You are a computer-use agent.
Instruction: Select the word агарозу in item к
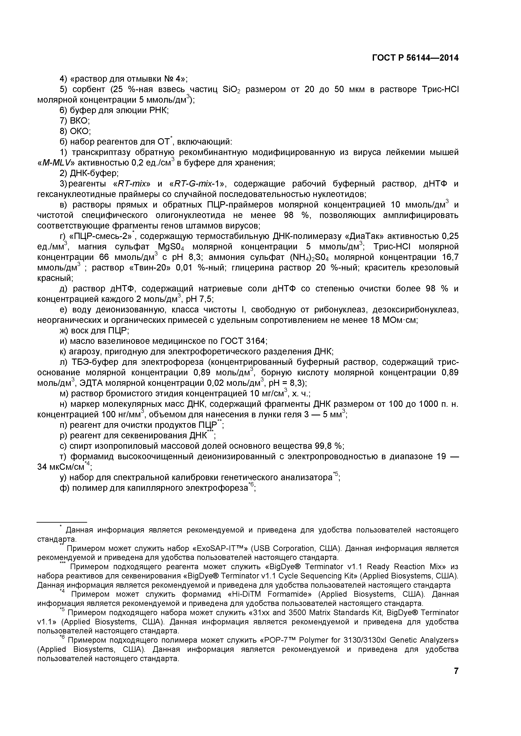85,352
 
